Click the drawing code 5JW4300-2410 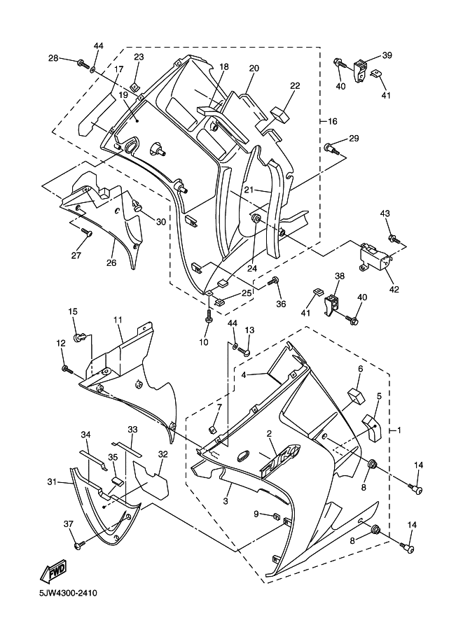pyautogui.click(x=62, y=594)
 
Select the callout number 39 pyautogui.click(x=387, y=55)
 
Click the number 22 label pyautogui.click(x=295, y=86)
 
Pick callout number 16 pyautogui.click(x=333, y=121)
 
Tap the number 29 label pyautogui.click(x=354, y=139)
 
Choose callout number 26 pyautogui.click(x=111, y=263)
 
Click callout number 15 pyautogui.click(x=72, y=311)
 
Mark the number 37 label pyautogui.click(x=68, y=524)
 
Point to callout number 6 pyautogui.click(x=360, y=369)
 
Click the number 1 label pyautogui.click(x=399, y=429)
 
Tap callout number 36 pyautogui.click(x=281, y=304)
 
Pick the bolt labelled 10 pyautogui.click(x=209, y=316)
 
